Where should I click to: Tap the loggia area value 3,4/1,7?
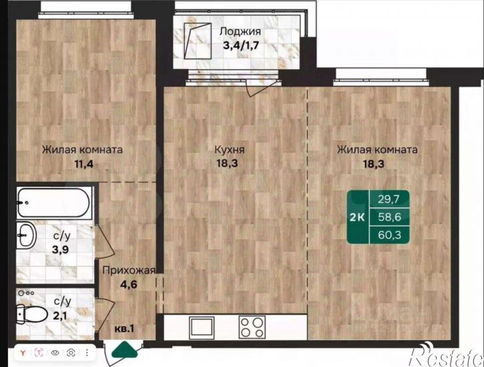point(241,45)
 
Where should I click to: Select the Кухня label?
point(230,149)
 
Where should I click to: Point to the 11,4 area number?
point(83,163)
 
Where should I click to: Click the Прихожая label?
point(129,270)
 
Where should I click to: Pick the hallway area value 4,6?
point(128,284)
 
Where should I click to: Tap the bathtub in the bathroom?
point(53,203)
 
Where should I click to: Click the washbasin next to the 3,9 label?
point(26,236)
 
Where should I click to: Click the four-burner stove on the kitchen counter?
point(252,327)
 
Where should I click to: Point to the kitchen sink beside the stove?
point(202,327)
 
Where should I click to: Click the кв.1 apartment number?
point(124,329)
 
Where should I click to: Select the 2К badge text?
point(357,218)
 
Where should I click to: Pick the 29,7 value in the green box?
point(389,200)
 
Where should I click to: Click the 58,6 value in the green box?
point(390,217)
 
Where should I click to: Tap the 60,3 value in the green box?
point(390,236)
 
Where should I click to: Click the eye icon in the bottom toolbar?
point(55,352)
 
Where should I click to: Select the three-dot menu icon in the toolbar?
point(87,352)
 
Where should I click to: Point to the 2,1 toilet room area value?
point(60,316)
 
